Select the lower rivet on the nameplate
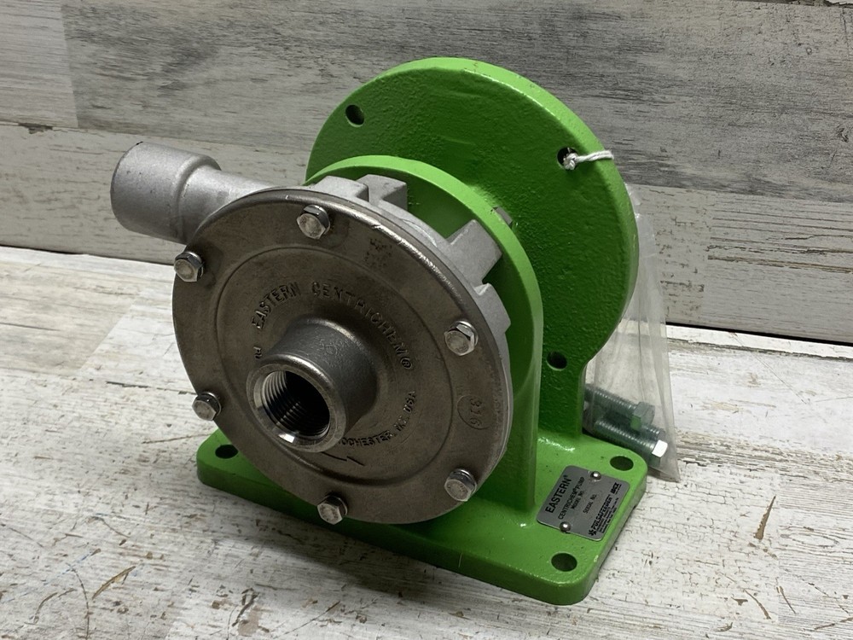coord(565,527)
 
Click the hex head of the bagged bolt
coord(658,448)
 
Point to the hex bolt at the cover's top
coord(313,222)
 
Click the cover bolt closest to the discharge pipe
coord(189,267)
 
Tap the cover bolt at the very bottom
coord(332,509)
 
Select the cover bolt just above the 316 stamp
coord(461,338)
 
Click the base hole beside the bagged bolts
coord(621,463)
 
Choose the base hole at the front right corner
coord(563,561)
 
